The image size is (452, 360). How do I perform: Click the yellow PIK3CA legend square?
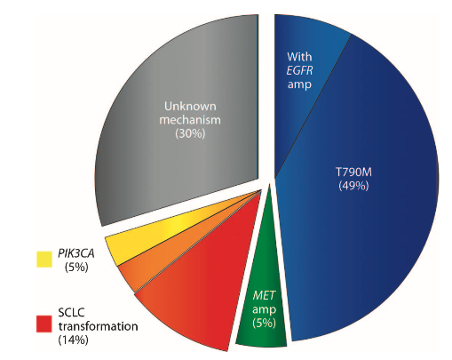point(42,260)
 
